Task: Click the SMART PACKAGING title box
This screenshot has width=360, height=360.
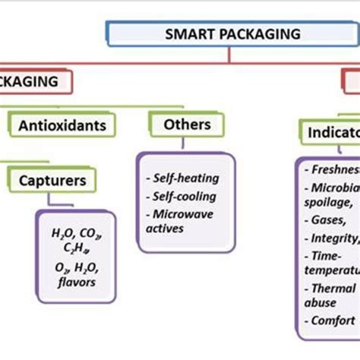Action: click(x=232, y=35)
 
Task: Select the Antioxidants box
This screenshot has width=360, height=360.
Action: click(x=62, y=123)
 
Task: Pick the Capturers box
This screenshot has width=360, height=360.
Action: click(x=52, y=182)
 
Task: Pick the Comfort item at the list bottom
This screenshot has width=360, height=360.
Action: click(x=331, y=320)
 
